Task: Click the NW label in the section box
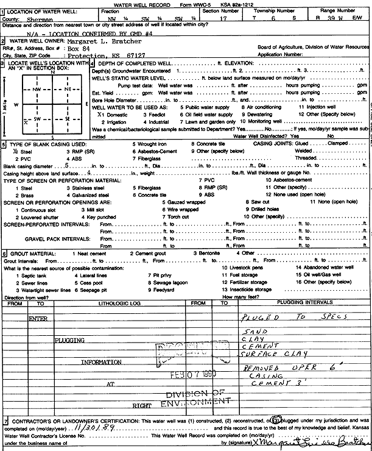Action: tap(37, 89)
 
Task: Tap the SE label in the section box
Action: tap(68, 118)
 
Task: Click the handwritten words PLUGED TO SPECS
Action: tap(294, 317)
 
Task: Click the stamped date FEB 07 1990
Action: tap(191, 375)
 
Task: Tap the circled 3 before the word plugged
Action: tap(275, 421)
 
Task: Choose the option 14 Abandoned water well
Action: tap(325, 267)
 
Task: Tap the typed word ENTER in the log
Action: tap(38, 318)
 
